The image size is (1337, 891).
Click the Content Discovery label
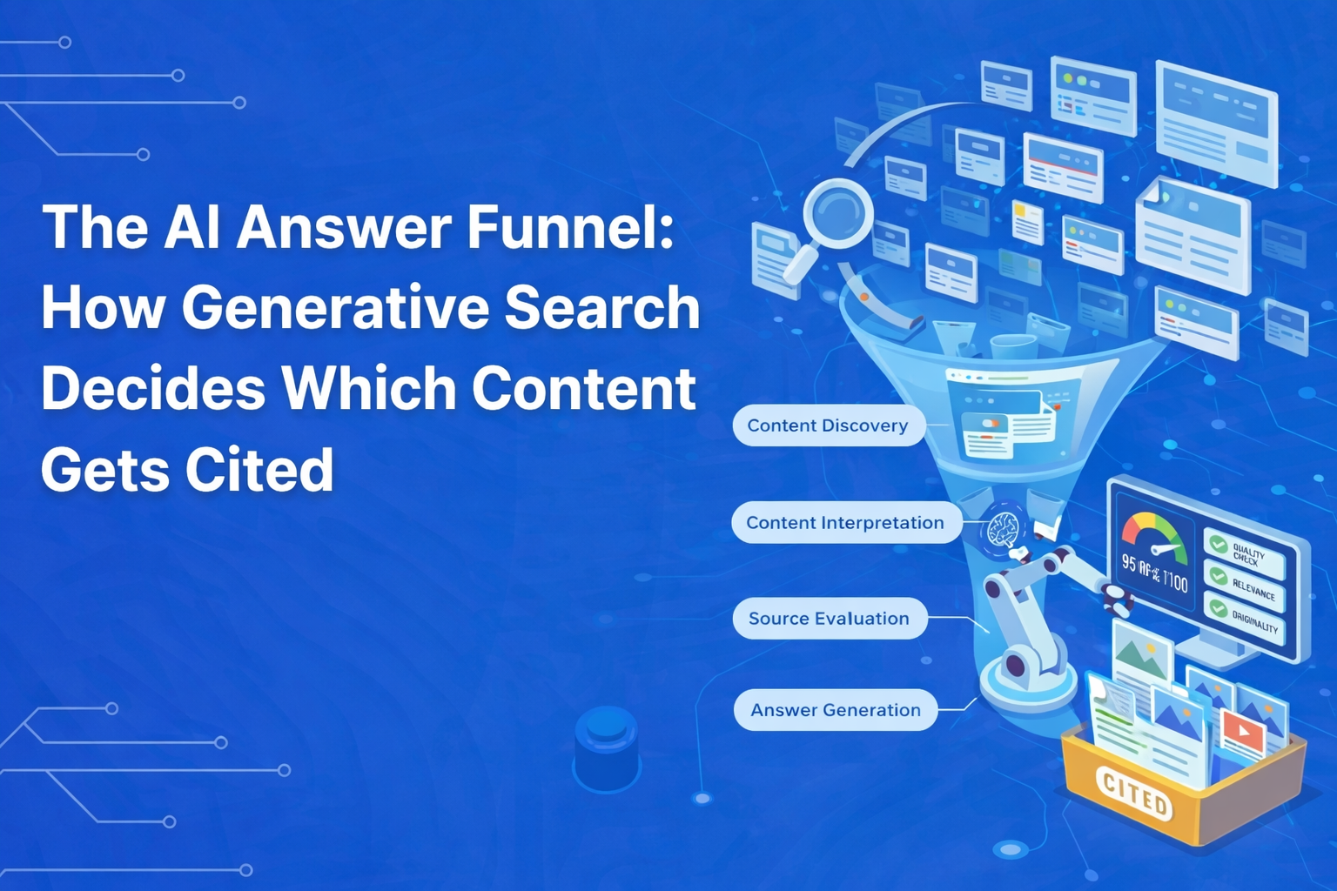(x=828, y=425)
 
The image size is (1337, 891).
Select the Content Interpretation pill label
(x=845, y=523)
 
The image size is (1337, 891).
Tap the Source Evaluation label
(x=829, y=619)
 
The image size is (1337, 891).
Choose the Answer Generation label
(x=836, y=710)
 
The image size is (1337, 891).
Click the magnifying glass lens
(x=836, y=211)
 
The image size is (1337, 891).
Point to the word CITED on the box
(x=1134, y=793)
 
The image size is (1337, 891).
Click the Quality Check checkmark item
(x=1244, y=553)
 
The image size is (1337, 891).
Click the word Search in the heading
(x=602, y=307)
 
